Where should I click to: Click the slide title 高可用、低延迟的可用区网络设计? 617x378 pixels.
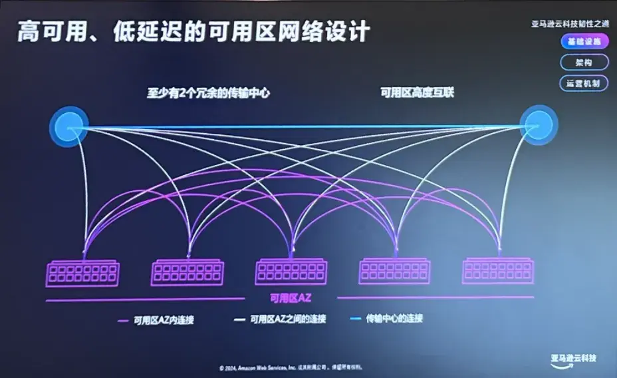coord(193,32)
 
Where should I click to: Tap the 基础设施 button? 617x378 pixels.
coord(583,41)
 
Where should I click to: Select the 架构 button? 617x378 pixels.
coord(583,63)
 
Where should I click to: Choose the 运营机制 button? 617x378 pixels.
coord(583,83)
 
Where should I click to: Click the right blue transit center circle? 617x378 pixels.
coord(538,124)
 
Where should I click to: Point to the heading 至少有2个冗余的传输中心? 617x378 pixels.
coord(208,93)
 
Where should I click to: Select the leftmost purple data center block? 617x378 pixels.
coord(82,273)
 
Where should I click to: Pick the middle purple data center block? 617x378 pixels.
coord(291,272)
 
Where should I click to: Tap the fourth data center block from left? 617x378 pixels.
coord(394,271)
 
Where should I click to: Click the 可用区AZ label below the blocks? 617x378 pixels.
coord(290,297)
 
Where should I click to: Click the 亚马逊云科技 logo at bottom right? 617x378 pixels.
coord(573,360)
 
